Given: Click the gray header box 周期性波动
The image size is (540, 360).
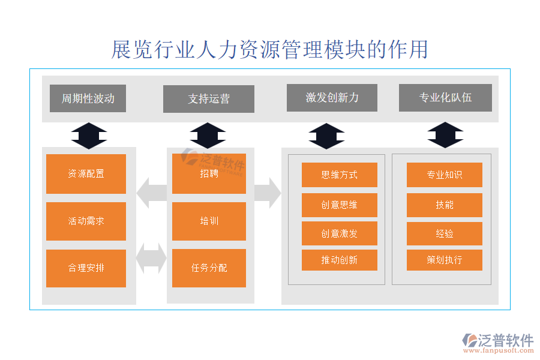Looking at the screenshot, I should click(x=88, y=98).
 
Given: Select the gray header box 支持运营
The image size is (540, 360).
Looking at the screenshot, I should click(x=208, y=99).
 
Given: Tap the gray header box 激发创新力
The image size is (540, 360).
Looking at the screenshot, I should click(x=332, y=98).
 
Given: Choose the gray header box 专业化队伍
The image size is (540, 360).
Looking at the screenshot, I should click(x=445, y=98).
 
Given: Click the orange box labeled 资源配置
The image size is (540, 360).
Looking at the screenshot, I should click(x=86, y=174).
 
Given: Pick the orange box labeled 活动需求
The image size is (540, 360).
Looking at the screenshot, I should click(x=86, y=221).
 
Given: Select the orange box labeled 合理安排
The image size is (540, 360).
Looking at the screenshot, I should click(x=86, y=268).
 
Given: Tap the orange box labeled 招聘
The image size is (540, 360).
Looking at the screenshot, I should click(x=209, y=174).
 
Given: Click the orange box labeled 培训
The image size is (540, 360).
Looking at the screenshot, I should click(x=209, y=221).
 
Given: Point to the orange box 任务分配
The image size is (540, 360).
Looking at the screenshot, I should click(x=209, y=268).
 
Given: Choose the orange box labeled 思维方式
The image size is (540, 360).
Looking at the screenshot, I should click(x=339, y=175).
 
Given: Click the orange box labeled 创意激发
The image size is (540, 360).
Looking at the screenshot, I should click(x=339, y=233).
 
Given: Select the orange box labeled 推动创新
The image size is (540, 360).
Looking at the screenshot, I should click(x=339, y=260).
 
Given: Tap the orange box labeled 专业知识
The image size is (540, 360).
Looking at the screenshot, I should click(x=444, y=175).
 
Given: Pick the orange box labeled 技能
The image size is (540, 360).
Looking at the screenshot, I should click(x=444, y=205).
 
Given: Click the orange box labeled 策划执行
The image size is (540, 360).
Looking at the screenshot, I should click(x=444, y=260).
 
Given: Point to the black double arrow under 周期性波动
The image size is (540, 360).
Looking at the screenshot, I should click(x=89, y=136).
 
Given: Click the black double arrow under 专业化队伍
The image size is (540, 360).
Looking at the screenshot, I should click(x=445, y=135).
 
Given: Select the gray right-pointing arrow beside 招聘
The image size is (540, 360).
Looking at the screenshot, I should click(x=268, y=193).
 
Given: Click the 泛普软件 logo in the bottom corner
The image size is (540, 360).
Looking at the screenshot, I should click(x=497, y=343).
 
